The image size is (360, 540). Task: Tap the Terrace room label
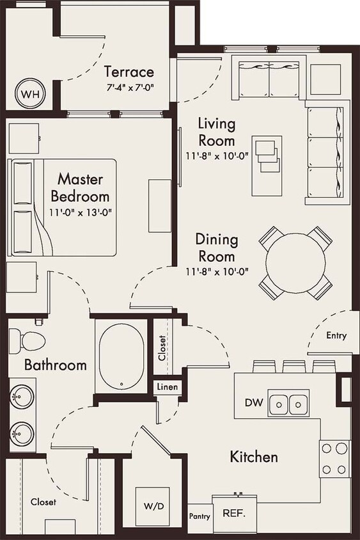129,71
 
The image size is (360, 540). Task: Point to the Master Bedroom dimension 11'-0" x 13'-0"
80,212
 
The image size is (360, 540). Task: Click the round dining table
295,262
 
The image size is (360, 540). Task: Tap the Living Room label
216,131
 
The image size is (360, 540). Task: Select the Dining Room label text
216,248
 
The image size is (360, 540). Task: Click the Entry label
336,335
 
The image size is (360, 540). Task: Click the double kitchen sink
288,404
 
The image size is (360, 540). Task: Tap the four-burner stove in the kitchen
334,459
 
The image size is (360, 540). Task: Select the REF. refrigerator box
234,512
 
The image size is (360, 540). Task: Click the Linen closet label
167,388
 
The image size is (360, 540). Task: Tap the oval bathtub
120,357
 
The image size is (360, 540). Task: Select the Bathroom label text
56,365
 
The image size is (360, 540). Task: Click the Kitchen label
254,457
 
